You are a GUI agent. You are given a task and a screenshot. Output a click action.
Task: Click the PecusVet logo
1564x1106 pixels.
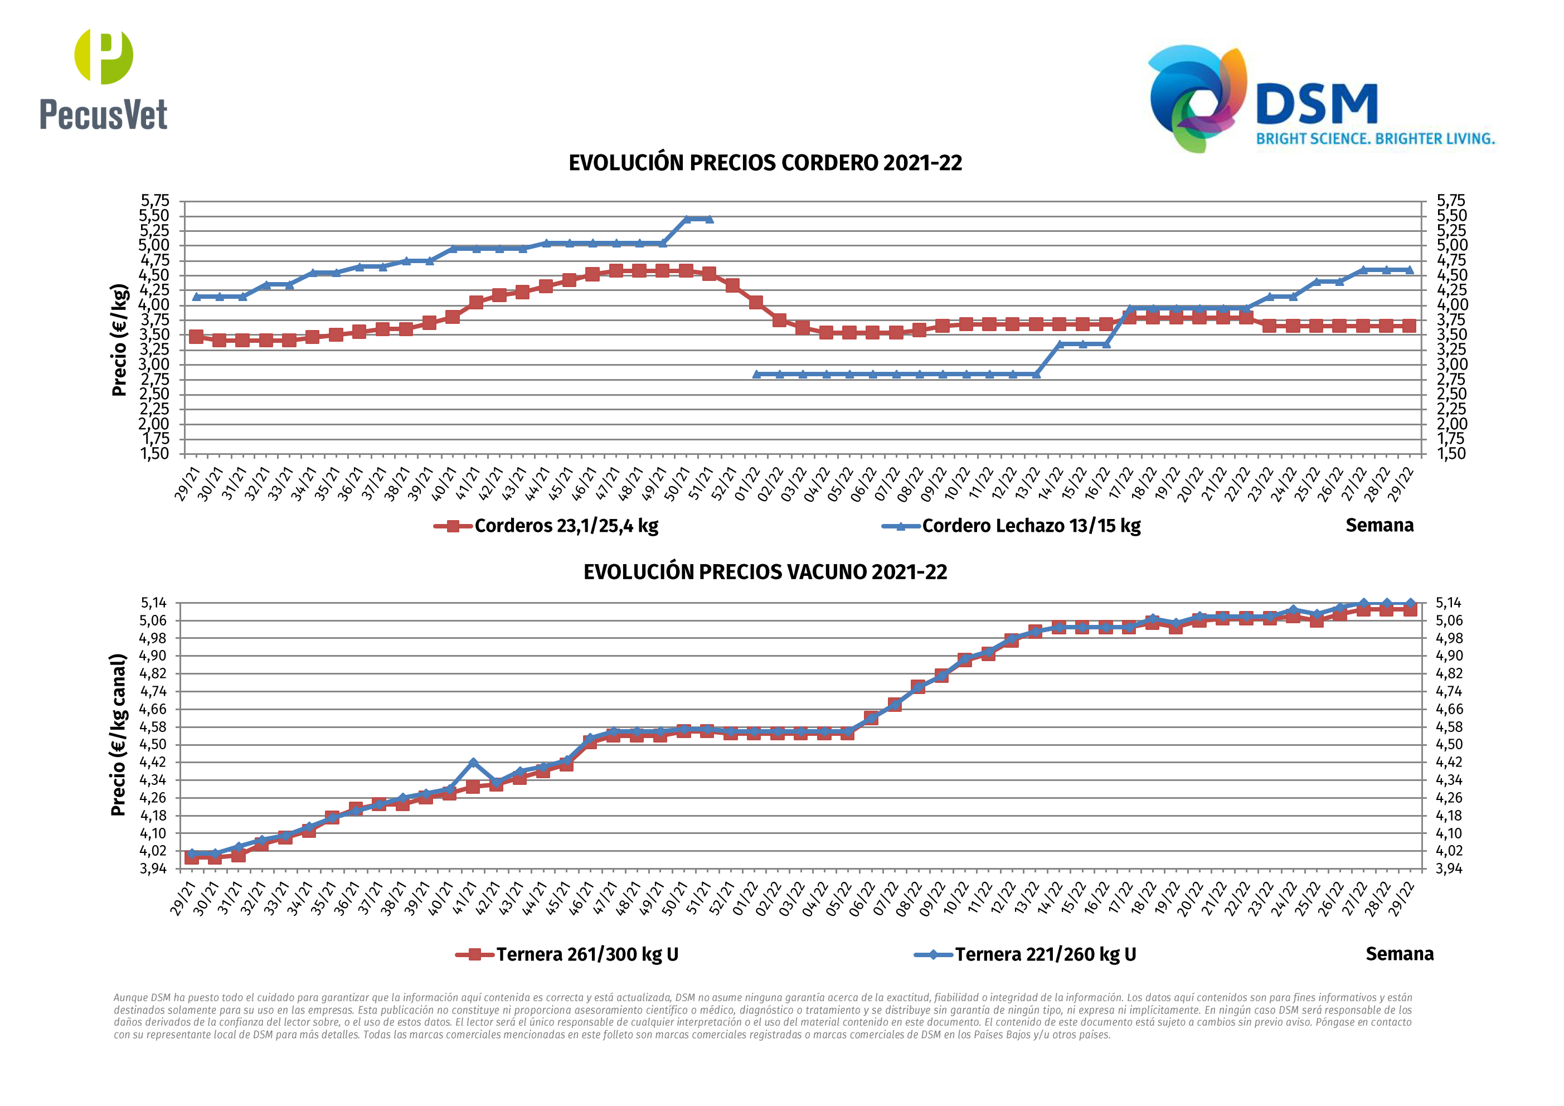[104, 80]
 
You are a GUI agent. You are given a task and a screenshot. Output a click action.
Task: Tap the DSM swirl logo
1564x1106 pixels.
[1197, 98]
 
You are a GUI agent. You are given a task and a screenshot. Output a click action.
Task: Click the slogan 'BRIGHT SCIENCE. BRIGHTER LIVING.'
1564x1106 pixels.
[1374, 139]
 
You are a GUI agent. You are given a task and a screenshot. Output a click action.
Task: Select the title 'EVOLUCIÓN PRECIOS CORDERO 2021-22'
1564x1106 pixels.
[765, 163]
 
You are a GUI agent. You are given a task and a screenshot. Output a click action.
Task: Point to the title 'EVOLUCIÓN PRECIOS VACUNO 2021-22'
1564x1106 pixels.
[765, 572]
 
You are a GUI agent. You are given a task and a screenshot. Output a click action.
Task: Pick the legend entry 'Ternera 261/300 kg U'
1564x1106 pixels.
[586, 954]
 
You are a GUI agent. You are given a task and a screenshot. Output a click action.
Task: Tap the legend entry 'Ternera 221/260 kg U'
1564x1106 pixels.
[1045, 954]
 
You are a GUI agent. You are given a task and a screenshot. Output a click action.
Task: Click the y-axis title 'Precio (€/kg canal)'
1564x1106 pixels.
[119, 735]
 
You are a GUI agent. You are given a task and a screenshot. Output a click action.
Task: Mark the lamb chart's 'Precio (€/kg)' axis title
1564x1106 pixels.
[119, 339]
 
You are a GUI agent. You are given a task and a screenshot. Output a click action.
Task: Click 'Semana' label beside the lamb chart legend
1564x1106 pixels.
[1379, 525]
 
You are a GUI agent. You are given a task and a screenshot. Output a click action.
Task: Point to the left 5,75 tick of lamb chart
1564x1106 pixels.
[154, 200]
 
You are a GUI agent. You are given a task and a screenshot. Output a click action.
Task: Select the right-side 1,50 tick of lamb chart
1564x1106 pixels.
[1451, 454]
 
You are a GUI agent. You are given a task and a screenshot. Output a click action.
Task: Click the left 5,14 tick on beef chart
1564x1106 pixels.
[153, 603]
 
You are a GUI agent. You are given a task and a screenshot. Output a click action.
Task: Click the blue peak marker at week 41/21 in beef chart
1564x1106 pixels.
[473, 763]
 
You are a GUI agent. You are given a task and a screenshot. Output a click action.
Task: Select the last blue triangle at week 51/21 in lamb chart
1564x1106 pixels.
[709, 219]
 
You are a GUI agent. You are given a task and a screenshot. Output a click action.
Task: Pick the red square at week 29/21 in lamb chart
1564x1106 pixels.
[196, 337]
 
